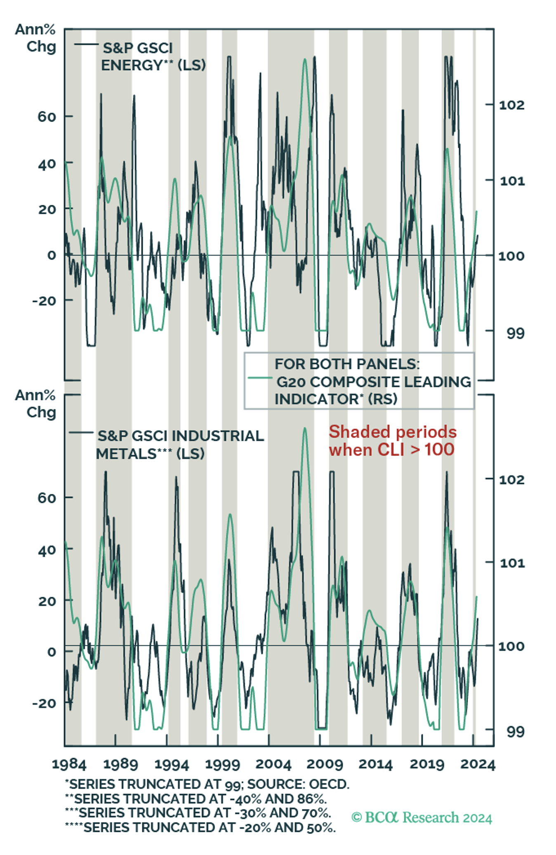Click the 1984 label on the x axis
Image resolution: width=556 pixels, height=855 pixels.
pos(69,764)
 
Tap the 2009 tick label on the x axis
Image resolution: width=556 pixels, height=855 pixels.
pos(325,764)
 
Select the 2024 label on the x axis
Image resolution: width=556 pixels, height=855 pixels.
pos(478,764)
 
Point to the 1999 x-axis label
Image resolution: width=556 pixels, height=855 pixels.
pos(222,764)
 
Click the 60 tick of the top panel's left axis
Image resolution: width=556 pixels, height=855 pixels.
pos(47,117)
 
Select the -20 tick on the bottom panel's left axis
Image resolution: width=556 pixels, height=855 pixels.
pos(44,703)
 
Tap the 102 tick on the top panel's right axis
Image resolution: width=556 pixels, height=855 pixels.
pos(511,105)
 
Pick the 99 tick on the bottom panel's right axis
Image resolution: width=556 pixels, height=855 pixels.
pos(515,732)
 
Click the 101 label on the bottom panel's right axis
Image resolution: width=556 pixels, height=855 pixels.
pos(512,563)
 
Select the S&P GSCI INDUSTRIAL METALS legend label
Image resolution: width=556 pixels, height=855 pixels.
pos(180,445)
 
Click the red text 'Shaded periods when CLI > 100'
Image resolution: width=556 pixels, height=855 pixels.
pos(392,441)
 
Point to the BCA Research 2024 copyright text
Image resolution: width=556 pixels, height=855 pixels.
pos(422,817)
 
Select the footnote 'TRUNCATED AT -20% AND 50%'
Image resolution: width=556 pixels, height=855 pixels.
pos(200,827)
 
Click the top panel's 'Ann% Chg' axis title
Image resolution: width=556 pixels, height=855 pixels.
pos(36,38)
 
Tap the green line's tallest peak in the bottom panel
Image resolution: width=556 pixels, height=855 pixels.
pos(305,429)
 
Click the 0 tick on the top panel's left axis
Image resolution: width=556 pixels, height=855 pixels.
pos(52,255)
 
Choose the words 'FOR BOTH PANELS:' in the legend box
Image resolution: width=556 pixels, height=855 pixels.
pos(346,364)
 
